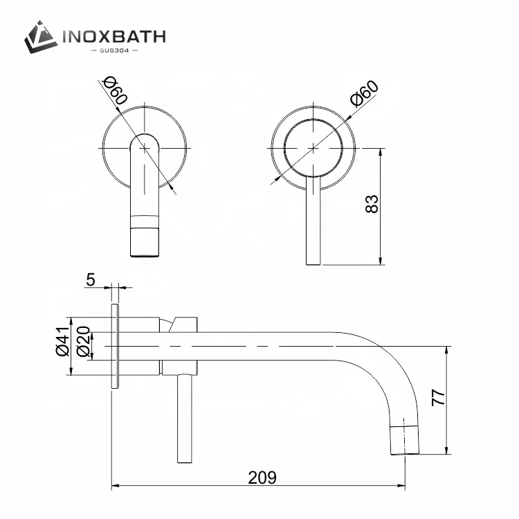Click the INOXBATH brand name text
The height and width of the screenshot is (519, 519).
115,36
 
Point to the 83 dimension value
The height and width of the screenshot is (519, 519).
372,204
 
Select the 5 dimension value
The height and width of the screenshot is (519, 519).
91,280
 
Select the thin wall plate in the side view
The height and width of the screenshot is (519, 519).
115,346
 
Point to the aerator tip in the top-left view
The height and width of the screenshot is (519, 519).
145,239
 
